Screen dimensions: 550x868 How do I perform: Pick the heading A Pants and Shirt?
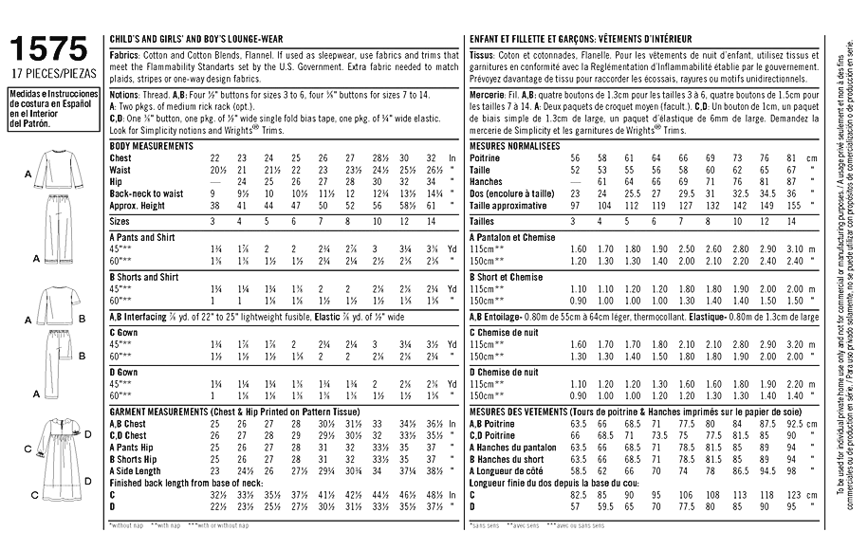144,236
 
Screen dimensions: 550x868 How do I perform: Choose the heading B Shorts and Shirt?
147,277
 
